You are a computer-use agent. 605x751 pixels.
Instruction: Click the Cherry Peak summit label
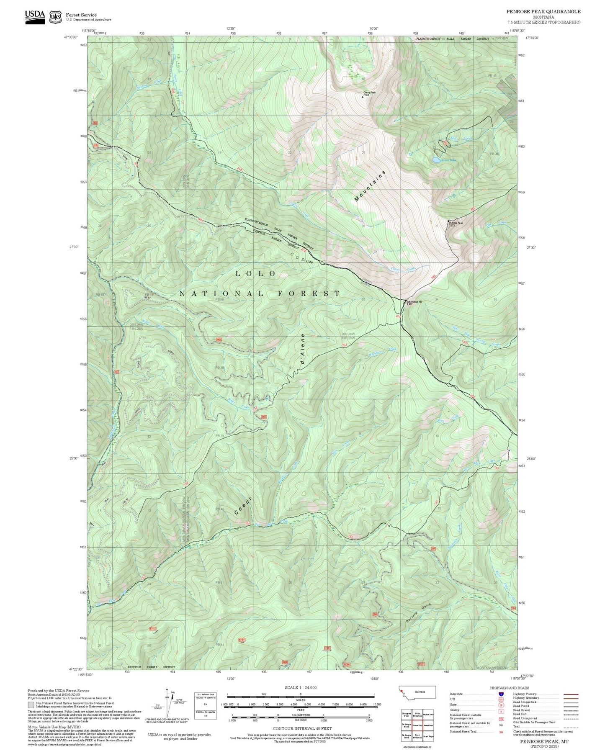pos(369,93)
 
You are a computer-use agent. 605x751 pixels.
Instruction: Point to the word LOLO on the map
pos(256,274)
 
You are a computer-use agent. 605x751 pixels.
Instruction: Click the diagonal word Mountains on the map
pos(369,186)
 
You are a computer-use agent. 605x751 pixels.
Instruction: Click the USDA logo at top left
pos(35,17)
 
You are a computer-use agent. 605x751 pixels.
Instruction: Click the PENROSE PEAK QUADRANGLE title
pos(543,12)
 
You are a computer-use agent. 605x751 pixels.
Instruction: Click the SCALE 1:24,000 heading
pos(300,688)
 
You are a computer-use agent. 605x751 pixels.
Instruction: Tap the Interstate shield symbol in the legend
pos(501,694)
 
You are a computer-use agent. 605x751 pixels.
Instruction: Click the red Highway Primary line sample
pos(571,694)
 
